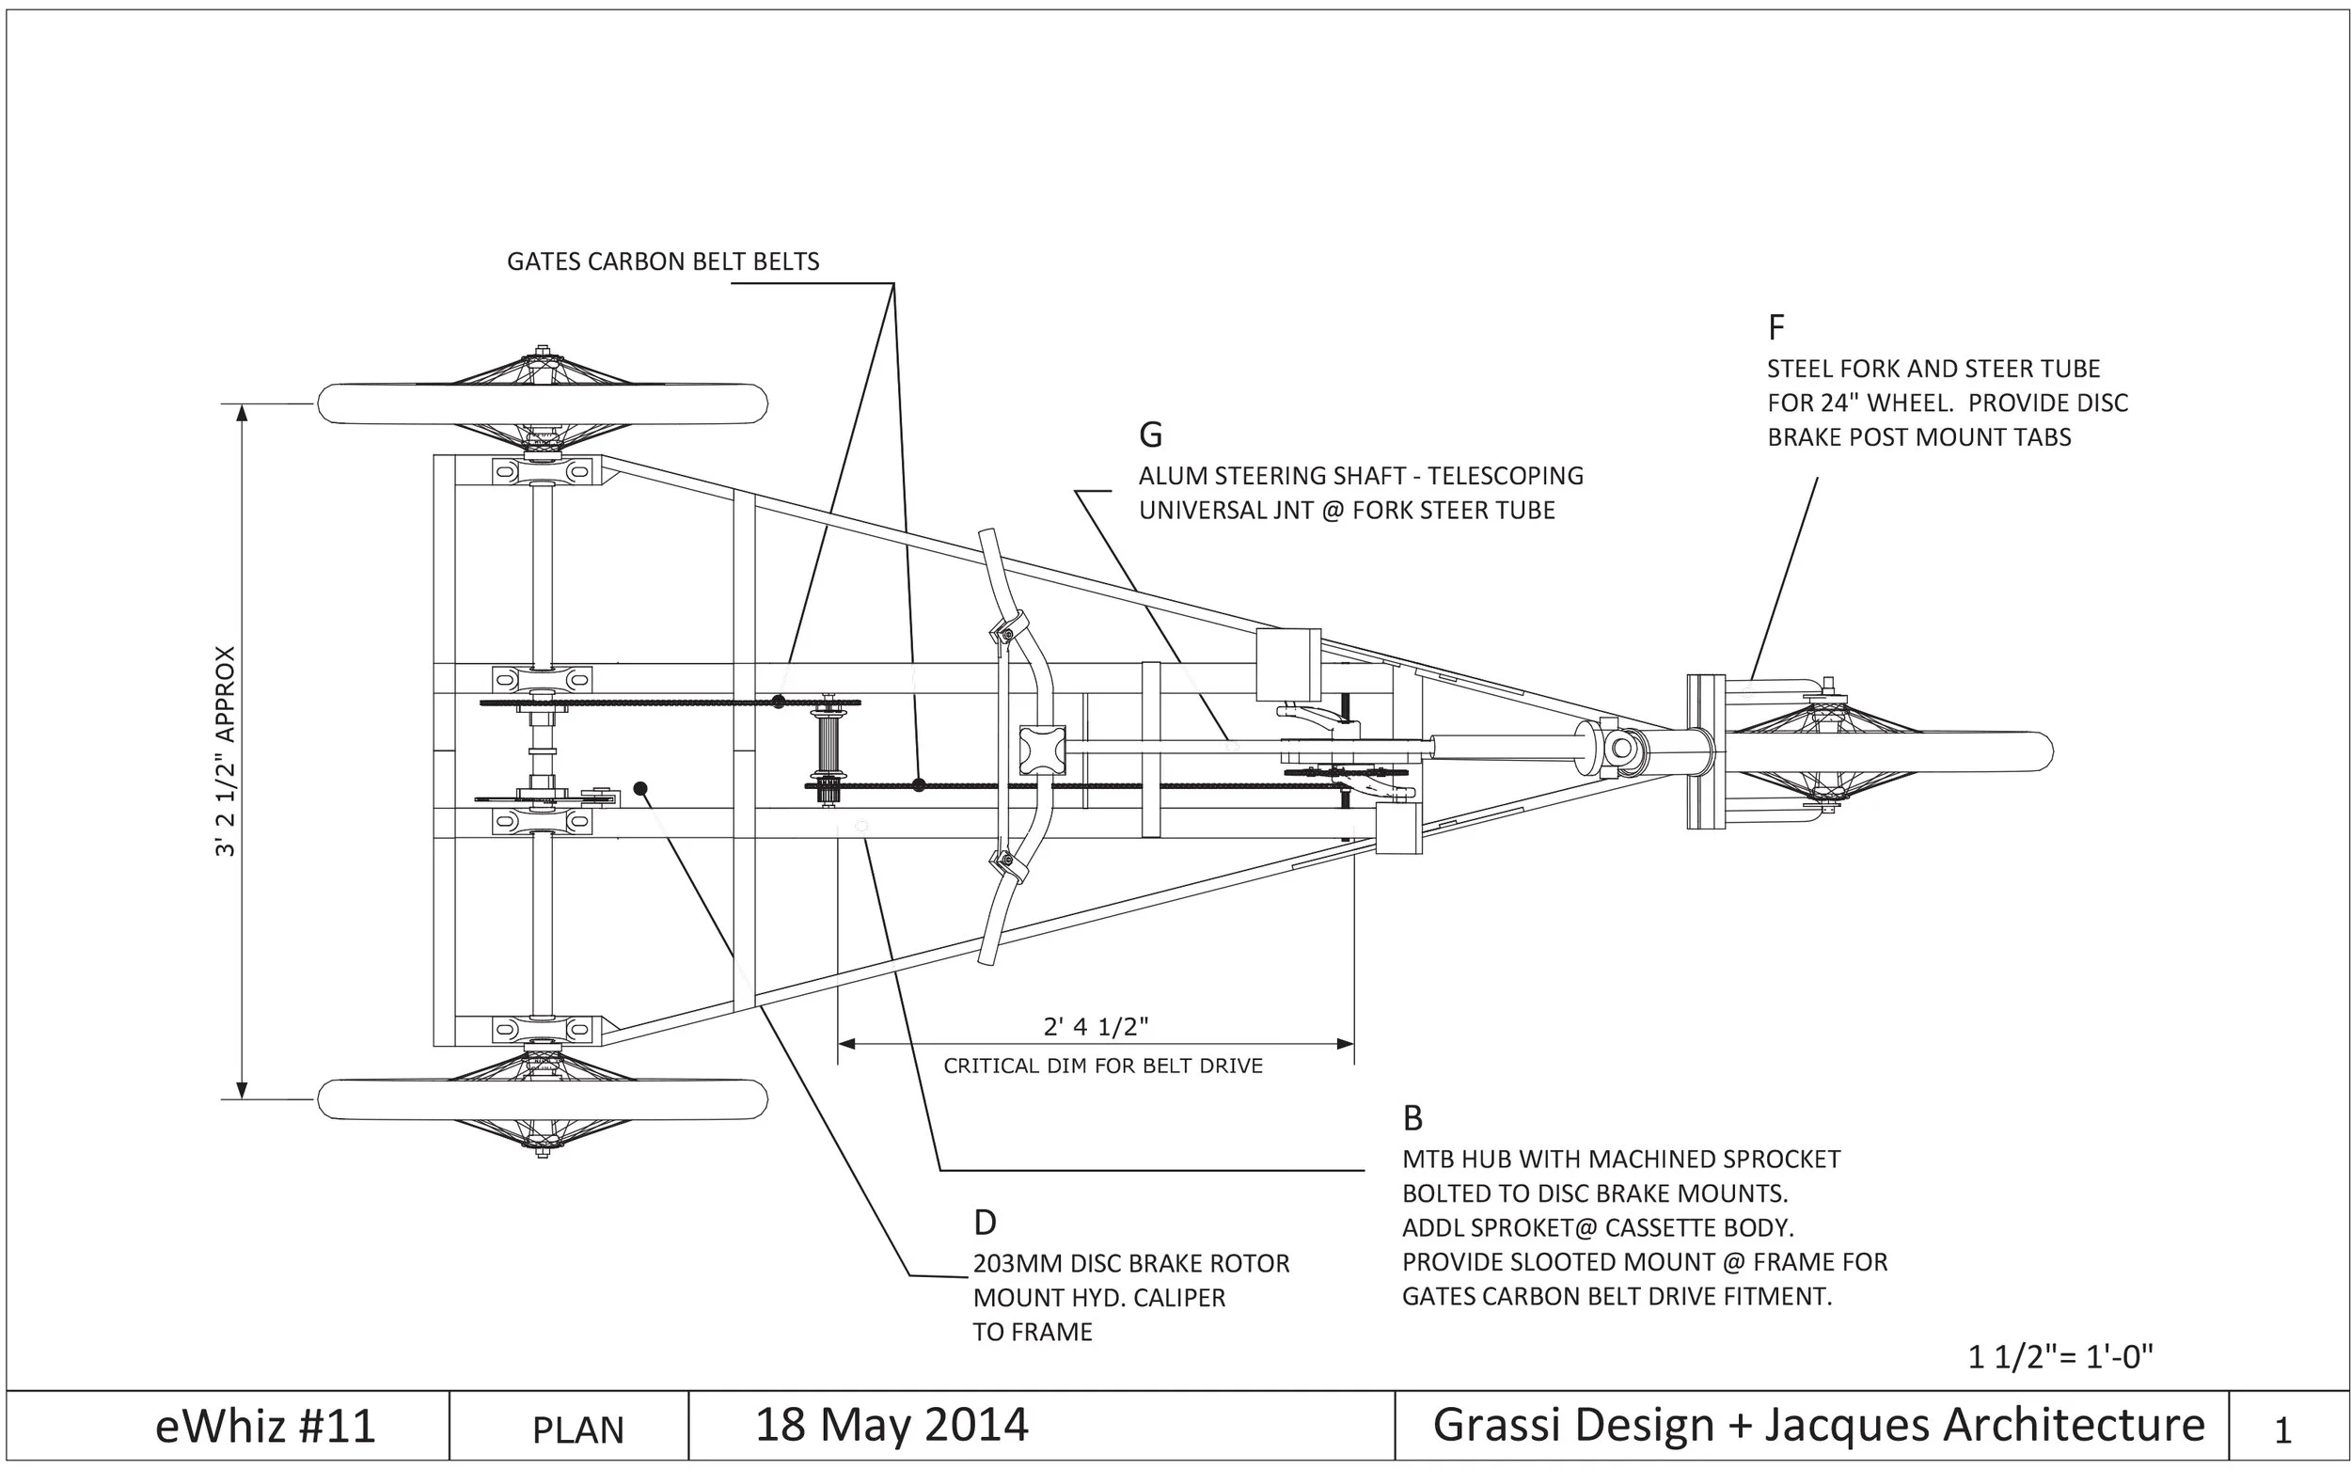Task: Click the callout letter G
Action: coord(1150,435)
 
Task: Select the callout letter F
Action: coord(1775,328)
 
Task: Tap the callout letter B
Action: coord(1412,1119)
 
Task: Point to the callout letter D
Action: coord(984,1224)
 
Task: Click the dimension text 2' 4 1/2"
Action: coord(1096,1027)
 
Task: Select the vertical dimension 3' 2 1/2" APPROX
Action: coord(226,751)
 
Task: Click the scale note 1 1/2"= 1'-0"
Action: coord(2060,1356)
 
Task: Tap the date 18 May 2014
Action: coord(891,1426)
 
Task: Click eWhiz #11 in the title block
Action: coord(265,1428)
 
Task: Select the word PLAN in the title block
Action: coord(578,1430)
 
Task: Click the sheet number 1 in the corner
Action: coord(2283,1430)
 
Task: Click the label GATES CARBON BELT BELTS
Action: coord(663,261)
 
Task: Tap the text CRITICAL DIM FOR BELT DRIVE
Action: coord(1103,1066)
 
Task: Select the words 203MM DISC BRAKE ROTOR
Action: coord(1130,1264)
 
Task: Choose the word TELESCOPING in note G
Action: coord(1505,476)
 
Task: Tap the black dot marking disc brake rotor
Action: coord(640,788)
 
